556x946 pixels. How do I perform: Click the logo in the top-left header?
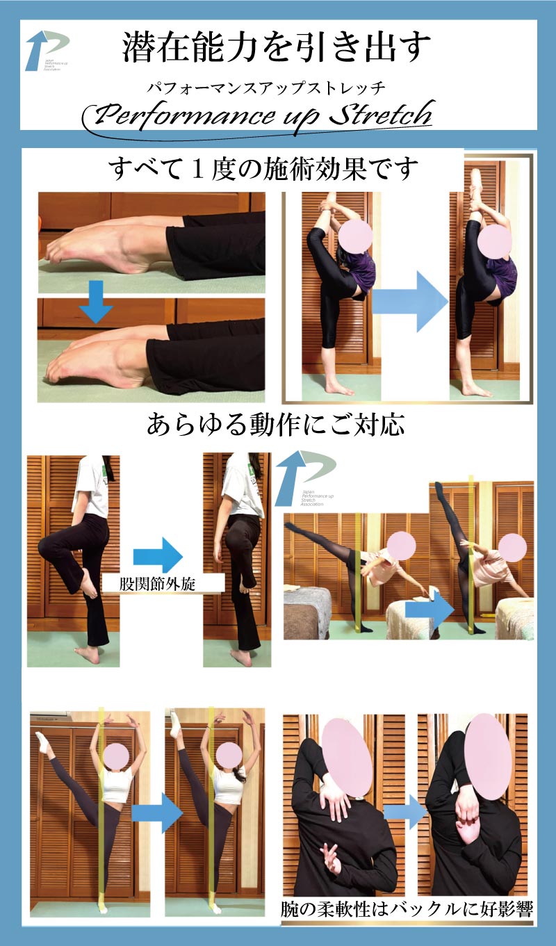tap(47, 50)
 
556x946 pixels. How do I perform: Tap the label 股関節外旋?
tap(158, 582)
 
